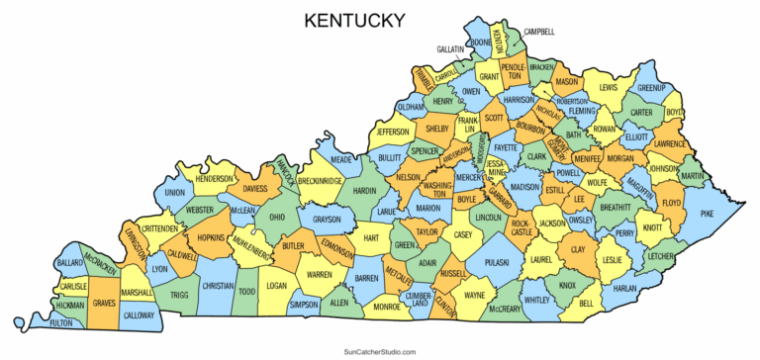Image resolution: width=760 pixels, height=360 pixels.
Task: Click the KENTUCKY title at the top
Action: (354, 20)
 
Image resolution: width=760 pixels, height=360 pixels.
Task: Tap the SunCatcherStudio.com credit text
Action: (379, 351)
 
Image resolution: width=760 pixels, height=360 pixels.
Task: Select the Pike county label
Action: (707, 214)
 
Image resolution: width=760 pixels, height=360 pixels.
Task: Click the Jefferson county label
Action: (393, 132)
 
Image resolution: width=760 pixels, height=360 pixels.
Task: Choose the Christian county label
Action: (218, 285)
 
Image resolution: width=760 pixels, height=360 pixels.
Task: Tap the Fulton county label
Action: (61, 323)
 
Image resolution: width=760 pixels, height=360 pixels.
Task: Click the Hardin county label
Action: (365, 190)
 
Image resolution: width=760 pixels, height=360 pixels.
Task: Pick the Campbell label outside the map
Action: (540, 32)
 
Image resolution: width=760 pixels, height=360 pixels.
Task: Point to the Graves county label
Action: (104, 305)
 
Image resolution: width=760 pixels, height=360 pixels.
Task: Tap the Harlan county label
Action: (624, 288)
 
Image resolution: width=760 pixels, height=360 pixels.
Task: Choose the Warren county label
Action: (319, 274)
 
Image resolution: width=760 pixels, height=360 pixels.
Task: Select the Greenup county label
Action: (650, 87)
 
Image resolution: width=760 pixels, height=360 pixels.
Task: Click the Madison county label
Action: (525, 186)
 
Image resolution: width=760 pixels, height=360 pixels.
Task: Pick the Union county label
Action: (175, 193)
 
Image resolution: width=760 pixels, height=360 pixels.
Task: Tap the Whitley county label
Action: (536, 300)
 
